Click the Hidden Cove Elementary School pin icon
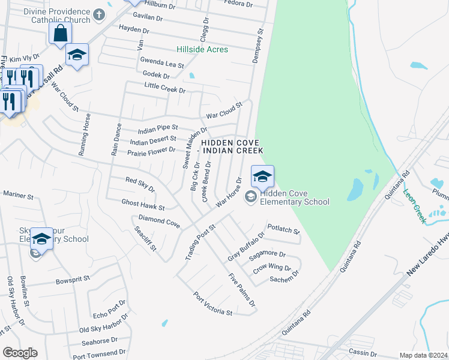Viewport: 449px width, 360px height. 262,177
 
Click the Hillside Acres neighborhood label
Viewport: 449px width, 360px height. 202,49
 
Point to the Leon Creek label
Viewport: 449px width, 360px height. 414,206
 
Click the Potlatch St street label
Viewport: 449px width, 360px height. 283,229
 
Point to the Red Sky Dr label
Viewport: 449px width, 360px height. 140,184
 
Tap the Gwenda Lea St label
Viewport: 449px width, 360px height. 162,62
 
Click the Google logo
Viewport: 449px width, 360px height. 20,353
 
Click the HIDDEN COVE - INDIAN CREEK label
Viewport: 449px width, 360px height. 232,146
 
